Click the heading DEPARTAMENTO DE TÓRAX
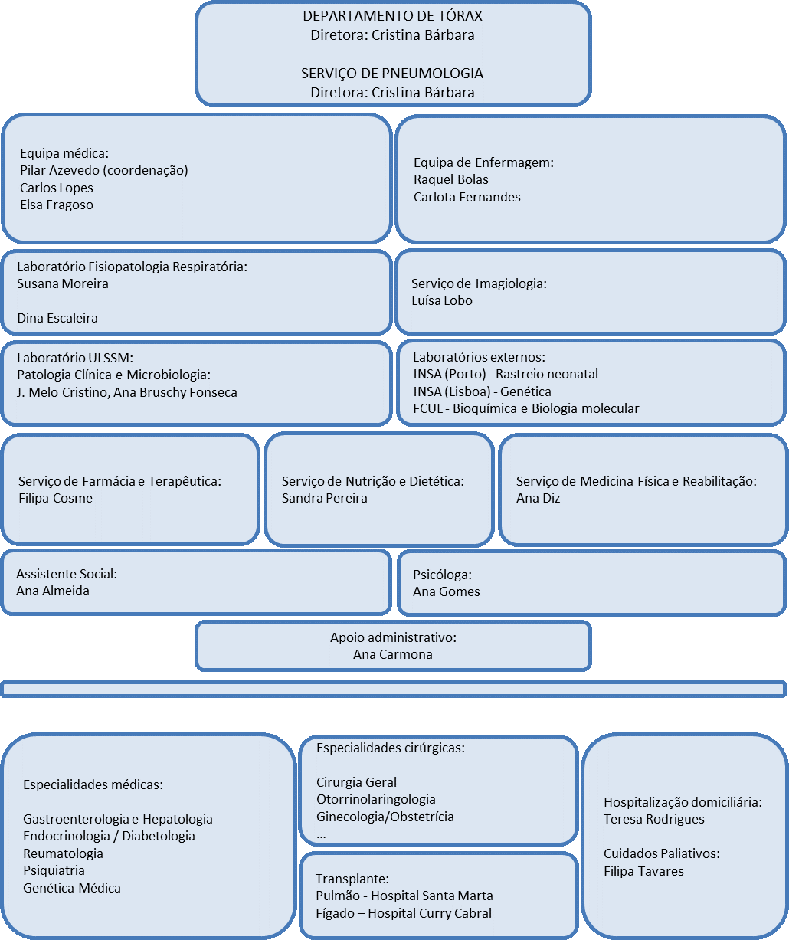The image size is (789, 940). point(392,16)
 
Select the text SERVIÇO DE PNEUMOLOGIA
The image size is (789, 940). point(392,74)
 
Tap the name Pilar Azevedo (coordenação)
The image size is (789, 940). point(104,170)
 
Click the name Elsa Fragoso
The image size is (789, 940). point(57,205)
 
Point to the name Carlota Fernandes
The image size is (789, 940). point(467,197)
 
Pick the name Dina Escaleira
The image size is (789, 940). point(57,318)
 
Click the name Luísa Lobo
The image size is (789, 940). point(442,300)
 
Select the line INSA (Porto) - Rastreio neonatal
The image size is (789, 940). point(506,374)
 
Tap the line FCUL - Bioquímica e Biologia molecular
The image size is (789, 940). point(525,408)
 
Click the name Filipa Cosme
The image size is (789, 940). point(55,498)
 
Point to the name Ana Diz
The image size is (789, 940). point(539,498)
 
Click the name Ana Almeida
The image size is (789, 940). point(53,591)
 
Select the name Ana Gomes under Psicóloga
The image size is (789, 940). point(447,591)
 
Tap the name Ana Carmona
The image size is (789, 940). point(392,654)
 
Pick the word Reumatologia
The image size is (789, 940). point(63,853)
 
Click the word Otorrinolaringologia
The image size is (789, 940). point(375,799)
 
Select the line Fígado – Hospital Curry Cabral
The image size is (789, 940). point(404,913)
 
